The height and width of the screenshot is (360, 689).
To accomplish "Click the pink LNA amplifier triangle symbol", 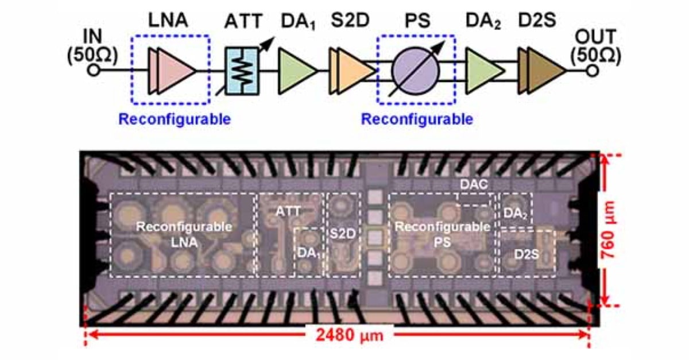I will [172, 70].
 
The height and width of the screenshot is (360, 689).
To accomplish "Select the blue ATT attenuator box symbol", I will [241, 71].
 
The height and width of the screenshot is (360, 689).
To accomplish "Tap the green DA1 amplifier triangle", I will [296, 70].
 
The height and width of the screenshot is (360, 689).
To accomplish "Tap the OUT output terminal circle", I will [593, 71].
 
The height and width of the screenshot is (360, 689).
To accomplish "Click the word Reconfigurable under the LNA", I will [175, 119].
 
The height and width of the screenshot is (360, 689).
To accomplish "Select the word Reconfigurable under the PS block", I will [417, 119].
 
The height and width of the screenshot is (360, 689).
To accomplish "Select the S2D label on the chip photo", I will [343, 234].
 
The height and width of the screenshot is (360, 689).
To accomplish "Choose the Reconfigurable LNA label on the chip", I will [184, 234].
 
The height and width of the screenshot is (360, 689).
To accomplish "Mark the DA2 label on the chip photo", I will [516, 213].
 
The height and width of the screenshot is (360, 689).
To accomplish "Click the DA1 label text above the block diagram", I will [297, 23].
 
